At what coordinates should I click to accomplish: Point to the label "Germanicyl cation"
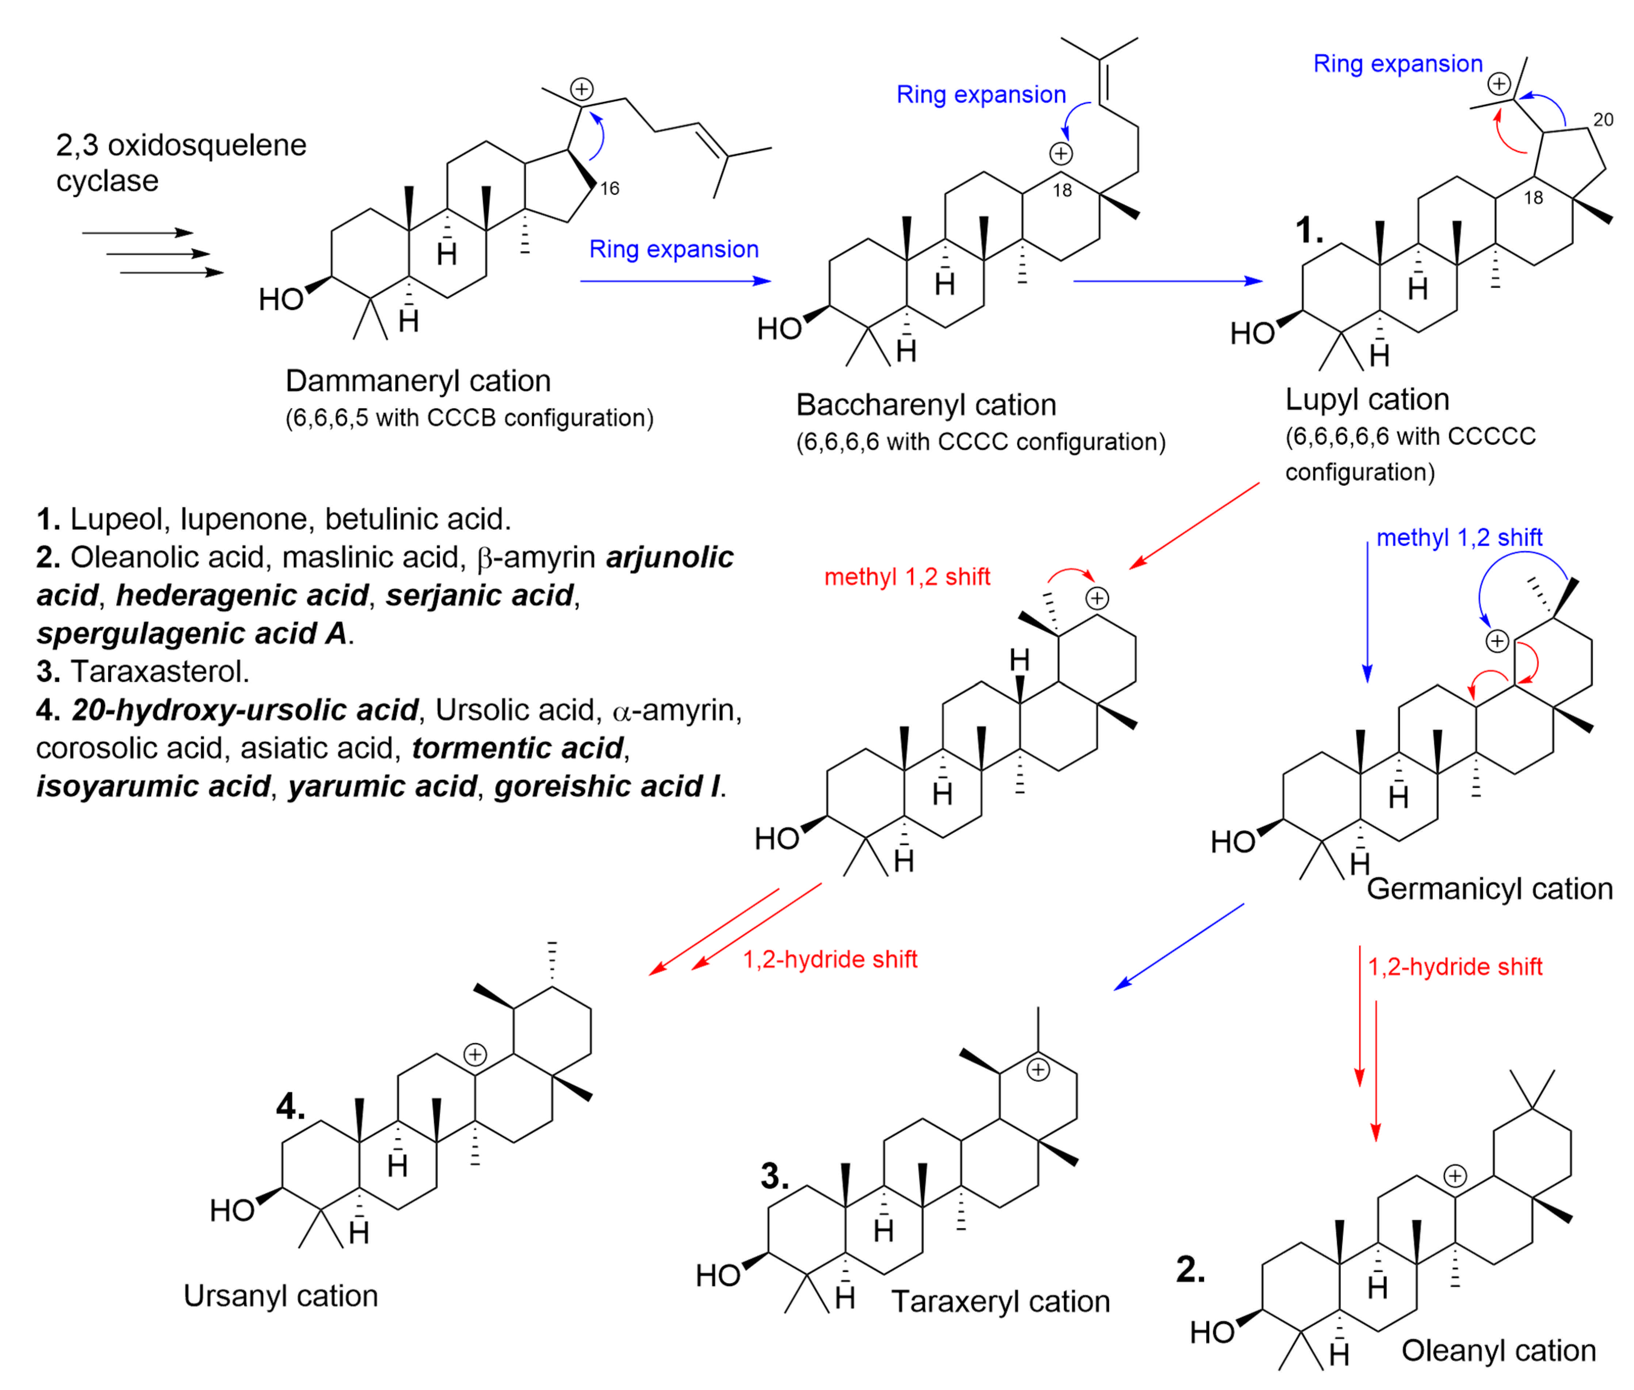(1489, 889)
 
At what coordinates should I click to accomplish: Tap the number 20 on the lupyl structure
(1603, 120)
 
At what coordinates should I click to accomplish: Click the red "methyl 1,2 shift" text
(906, 577)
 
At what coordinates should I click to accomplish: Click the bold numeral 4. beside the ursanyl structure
(290, 1107)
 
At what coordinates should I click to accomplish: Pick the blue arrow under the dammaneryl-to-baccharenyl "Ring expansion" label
(675, 281)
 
